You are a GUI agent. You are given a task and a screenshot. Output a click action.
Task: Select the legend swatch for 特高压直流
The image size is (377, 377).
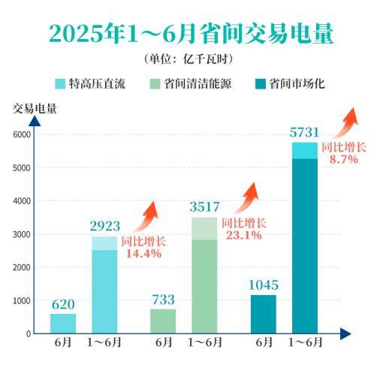coord(62,83)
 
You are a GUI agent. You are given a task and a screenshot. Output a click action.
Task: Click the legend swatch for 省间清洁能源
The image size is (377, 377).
coord(157,83)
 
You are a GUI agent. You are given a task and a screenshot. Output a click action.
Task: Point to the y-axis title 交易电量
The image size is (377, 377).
coord(34,107)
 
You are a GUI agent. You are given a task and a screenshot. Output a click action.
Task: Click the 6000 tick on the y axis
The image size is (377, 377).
coord(20,134)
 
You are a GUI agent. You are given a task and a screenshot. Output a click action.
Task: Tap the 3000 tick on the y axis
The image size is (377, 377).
coord(20,234)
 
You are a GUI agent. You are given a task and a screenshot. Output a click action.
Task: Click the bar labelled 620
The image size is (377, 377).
coord(63,323)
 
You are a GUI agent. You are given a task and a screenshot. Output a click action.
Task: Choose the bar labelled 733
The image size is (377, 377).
coord(163,321)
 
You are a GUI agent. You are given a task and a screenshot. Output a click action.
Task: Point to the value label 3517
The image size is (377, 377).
coord(204,205)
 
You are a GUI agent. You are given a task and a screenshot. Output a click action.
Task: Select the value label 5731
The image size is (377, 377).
coord(305,131)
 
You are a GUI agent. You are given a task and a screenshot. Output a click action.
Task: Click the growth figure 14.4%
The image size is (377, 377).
coord(143,254)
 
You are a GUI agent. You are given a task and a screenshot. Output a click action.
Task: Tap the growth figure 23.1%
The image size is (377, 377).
coord(243,235)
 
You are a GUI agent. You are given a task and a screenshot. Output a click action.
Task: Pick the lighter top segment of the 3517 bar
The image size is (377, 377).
coord(204,228)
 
